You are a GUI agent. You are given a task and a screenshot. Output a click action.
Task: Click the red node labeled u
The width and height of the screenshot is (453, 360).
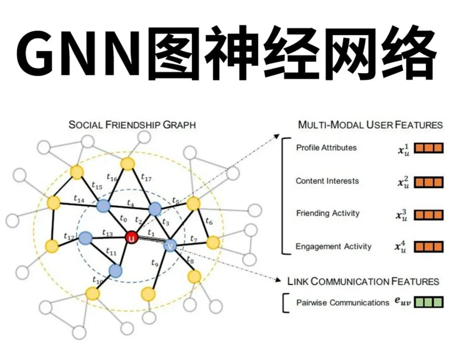pos(132,238)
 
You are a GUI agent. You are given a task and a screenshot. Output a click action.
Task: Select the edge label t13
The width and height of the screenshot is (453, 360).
pos(107,232)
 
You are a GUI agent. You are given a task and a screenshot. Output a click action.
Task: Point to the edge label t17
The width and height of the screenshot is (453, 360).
pos(146,177)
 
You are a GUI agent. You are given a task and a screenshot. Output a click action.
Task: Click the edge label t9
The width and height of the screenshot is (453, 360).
pos(155,263)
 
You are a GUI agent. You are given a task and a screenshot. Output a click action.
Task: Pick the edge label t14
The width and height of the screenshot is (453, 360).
pos(78,199)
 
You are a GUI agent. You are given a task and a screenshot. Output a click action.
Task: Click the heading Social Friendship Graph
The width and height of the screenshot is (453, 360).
pos(132,125)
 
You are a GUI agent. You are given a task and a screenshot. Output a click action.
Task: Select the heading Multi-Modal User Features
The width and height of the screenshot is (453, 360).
pos(370,124)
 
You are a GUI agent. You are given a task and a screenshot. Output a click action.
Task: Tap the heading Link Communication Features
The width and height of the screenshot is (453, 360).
pos(363,281)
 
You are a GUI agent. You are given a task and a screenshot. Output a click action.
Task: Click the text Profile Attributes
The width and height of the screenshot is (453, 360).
pos(326,148)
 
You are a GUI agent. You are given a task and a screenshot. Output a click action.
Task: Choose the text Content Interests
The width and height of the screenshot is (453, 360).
pos(327,181)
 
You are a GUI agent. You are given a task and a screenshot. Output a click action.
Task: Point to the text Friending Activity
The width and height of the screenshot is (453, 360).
pos(328,213)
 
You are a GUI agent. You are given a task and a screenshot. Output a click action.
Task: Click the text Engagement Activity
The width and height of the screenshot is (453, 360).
pos(333,246)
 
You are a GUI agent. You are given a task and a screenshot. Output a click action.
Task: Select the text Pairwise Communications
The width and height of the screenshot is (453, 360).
pos(343,302)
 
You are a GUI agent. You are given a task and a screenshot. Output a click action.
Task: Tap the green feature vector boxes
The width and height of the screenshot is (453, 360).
pos(429,302)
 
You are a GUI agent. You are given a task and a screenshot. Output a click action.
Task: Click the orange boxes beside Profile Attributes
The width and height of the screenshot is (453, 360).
pos(429,148)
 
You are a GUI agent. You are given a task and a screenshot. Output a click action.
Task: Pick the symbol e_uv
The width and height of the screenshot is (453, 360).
pos(402,302)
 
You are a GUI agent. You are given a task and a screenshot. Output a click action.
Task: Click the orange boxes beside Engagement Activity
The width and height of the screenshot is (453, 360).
pos(429,246)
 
